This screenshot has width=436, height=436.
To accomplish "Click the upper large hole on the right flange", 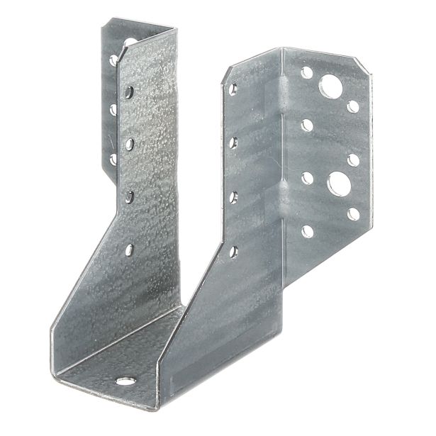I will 331,87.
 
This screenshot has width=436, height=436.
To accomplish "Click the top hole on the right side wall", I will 233,89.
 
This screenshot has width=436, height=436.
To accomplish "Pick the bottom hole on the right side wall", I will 233,250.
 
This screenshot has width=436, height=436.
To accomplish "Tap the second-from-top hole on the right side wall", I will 233,142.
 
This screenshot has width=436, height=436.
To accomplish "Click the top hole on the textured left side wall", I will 130,91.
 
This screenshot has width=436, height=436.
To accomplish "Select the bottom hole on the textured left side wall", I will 130,250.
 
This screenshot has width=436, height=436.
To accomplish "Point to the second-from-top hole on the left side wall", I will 130,144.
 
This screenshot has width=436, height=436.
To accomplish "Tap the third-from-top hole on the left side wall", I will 130,197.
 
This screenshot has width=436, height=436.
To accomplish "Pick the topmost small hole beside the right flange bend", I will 306,72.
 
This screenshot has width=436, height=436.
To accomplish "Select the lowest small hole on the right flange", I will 307,230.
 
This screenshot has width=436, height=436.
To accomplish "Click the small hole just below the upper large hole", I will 353,107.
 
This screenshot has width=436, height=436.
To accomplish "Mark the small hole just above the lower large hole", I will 353,160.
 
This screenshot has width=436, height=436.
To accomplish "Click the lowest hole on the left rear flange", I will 113,160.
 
